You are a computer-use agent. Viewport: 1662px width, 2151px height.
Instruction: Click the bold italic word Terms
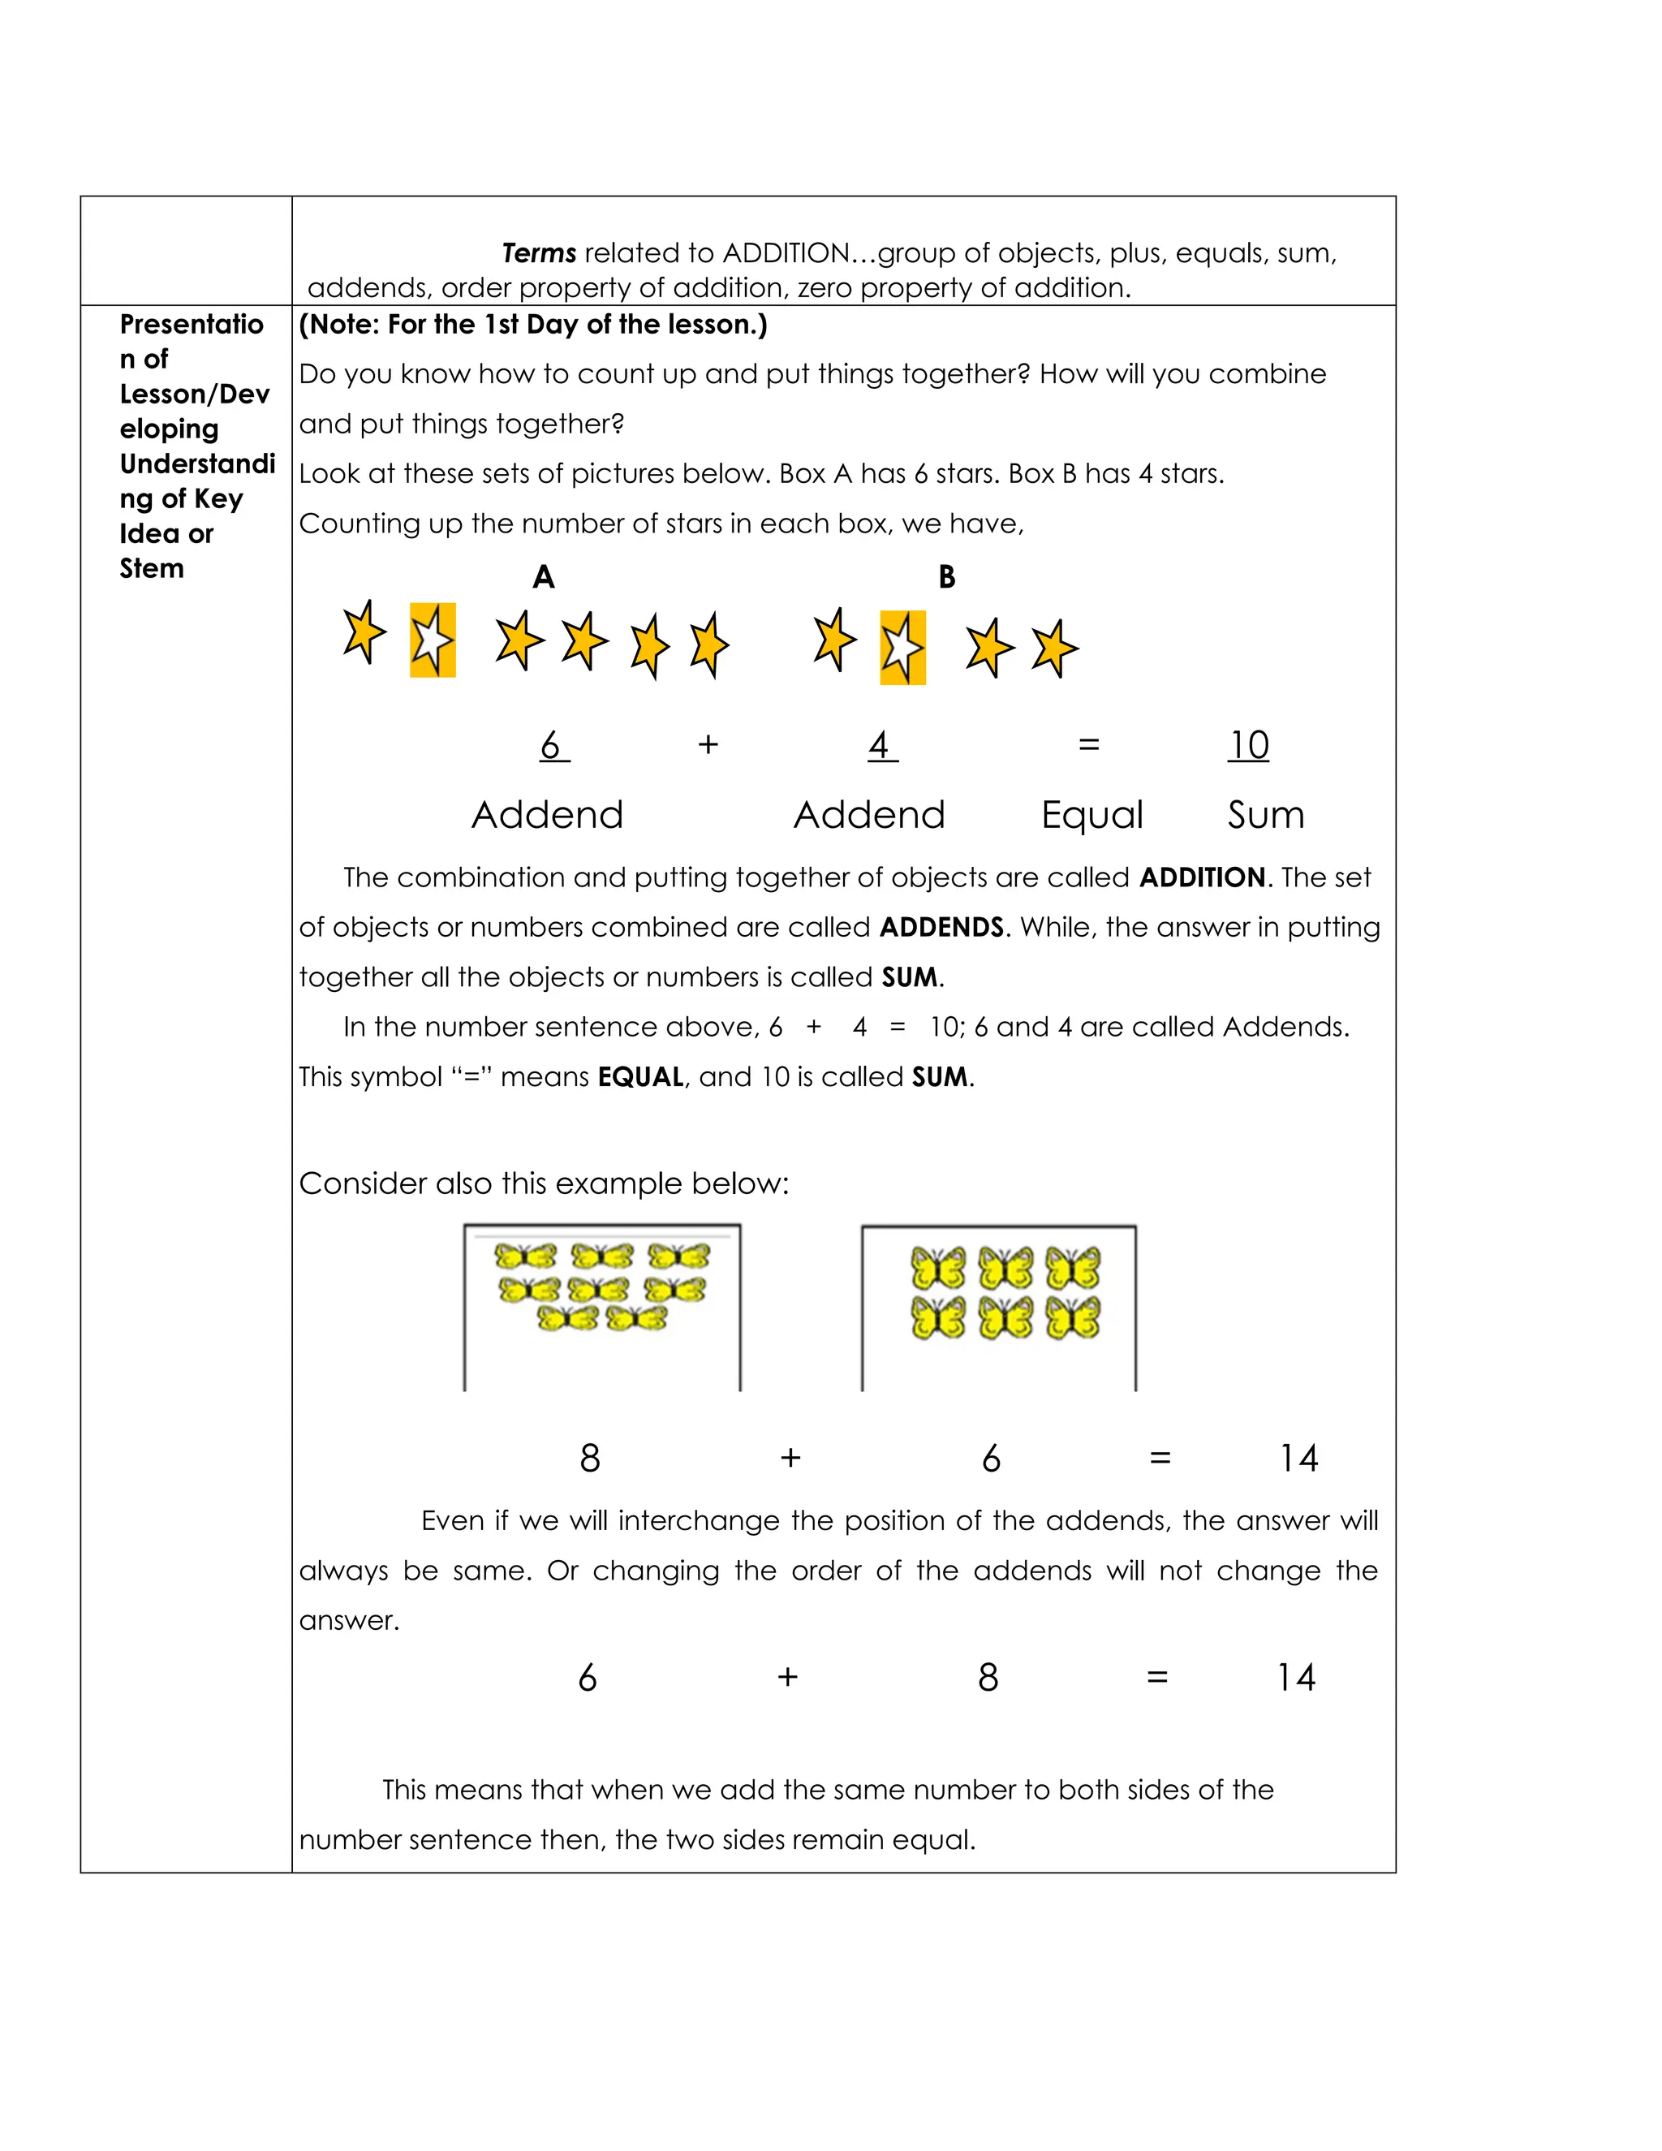pos(539,253)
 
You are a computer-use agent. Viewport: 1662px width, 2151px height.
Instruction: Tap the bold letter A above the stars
pos(544,577)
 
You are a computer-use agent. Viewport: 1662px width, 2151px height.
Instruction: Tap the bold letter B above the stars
pos(946,577)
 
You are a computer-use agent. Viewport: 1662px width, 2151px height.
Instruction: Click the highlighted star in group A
pos(433,640)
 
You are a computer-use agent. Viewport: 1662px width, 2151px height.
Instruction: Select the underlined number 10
pos(1248,746)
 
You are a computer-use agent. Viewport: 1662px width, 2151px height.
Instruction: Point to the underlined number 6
pos(551,746)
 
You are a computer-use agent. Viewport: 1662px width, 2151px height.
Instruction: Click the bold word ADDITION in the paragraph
pos(1202,877)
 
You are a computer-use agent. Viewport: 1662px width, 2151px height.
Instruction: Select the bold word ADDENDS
pos(941,928)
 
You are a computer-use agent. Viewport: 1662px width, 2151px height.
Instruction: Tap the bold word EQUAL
pos(640,1077)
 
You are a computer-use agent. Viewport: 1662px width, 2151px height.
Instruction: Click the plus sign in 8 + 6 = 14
pos(790,1459)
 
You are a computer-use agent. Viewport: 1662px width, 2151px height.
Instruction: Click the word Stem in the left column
pos(152,569)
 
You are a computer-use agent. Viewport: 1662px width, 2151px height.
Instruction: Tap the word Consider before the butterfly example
pos(362,1183)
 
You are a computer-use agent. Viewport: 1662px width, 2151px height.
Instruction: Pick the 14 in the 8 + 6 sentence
pos(1298,1459)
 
